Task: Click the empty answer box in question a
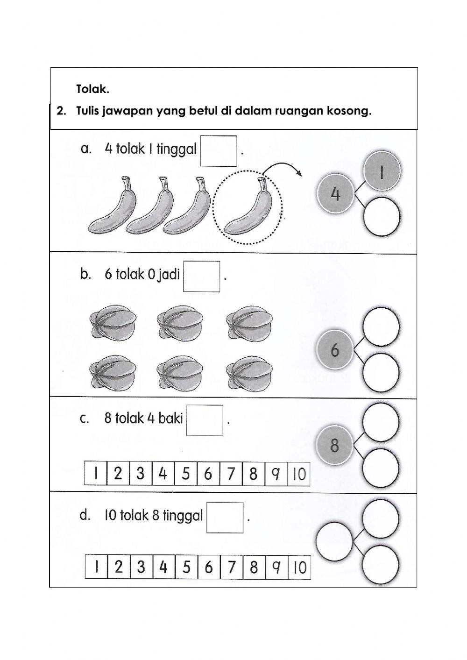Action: (x=219, y=151)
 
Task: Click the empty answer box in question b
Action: (x=201, y=277)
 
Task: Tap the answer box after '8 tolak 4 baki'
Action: (x=205, y=420)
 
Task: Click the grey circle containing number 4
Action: (x=335, y=193)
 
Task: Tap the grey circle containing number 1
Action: (x=382, y=171)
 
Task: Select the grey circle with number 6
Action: (x=335, y=350)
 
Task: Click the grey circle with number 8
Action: (x=334, y=445)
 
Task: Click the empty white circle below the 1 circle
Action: (x=382, y=216)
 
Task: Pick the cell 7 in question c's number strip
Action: (x=231, y=474)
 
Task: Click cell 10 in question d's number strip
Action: (x=299, y=568)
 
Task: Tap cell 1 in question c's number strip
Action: (x=96, y=474)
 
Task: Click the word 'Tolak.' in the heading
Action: (x=92, y=88)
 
